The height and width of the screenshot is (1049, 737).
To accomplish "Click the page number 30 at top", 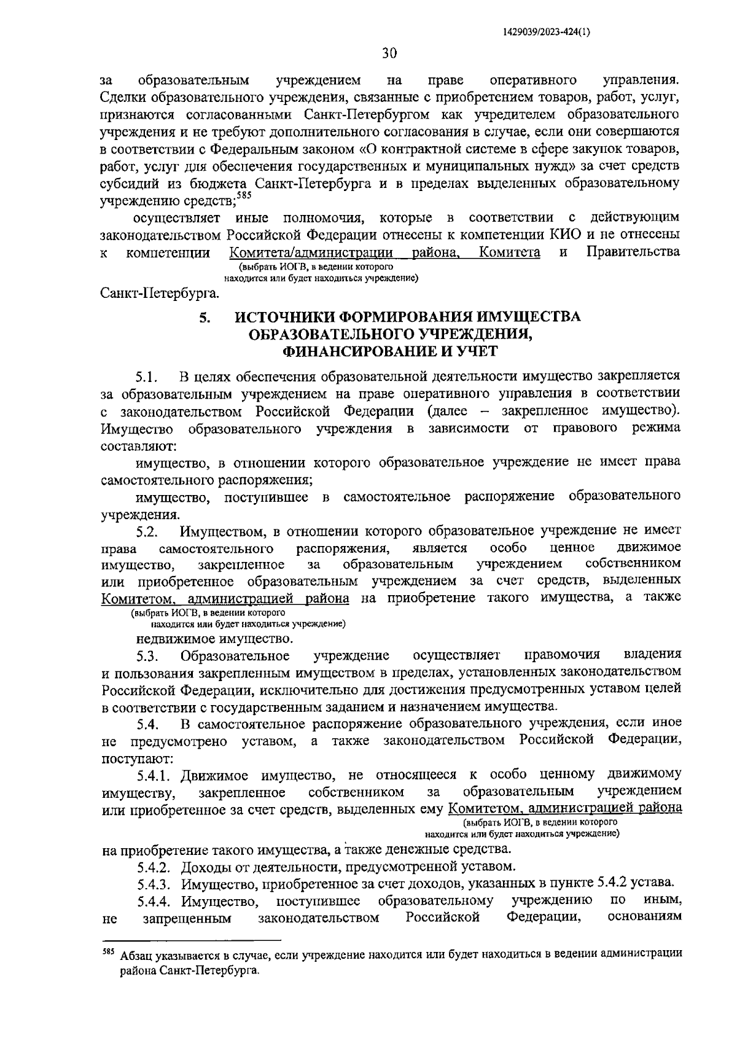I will [389, 53].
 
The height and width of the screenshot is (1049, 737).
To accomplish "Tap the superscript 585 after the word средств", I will [244, 195].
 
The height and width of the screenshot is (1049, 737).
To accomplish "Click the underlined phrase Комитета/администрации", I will [311, 252].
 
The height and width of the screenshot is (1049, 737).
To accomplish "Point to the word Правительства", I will [633, 251].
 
